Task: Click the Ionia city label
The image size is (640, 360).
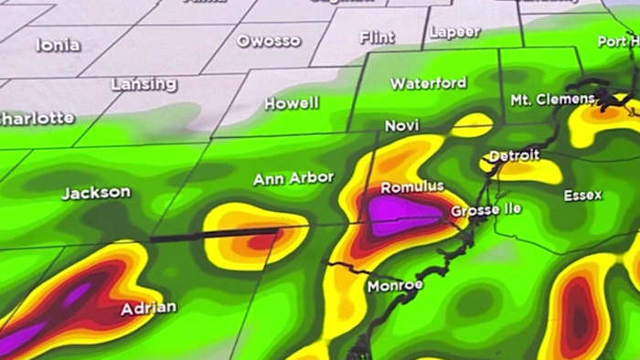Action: pyautogui.click(x=58, y=45)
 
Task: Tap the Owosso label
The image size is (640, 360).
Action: pyautogui.click(x=268, y=40)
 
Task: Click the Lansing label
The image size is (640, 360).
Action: pyautogui.click(x=144, y=84)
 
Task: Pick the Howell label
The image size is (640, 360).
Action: pyautogui.click(x=292, y=103)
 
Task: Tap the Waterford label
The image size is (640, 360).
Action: pyautogui.click(x=428, y=83)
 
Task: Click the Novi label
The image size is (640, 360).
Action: pyautogui.click(x=401, y=125)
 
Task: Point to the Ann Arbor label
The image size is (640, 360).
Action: pyautogui.click(x=293, y=177)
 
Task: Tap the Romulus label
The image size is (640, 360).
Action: pyautogui.click(x=411, y=186)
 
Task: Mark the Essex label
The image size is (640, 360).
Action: pyautogui.click(x=582, y=196)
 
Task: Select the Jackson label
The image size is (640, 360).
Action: pyautogui.click(x=95, y=193)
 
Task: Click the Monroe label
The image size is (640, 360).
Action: pyautogui.click(x=395, y=286)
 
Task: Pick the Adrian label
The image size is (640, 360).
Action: pyautogui.click(x=147, y=309)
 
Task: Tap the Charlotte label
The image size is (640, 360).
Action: pyautogui.click(x=37, y=118)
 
